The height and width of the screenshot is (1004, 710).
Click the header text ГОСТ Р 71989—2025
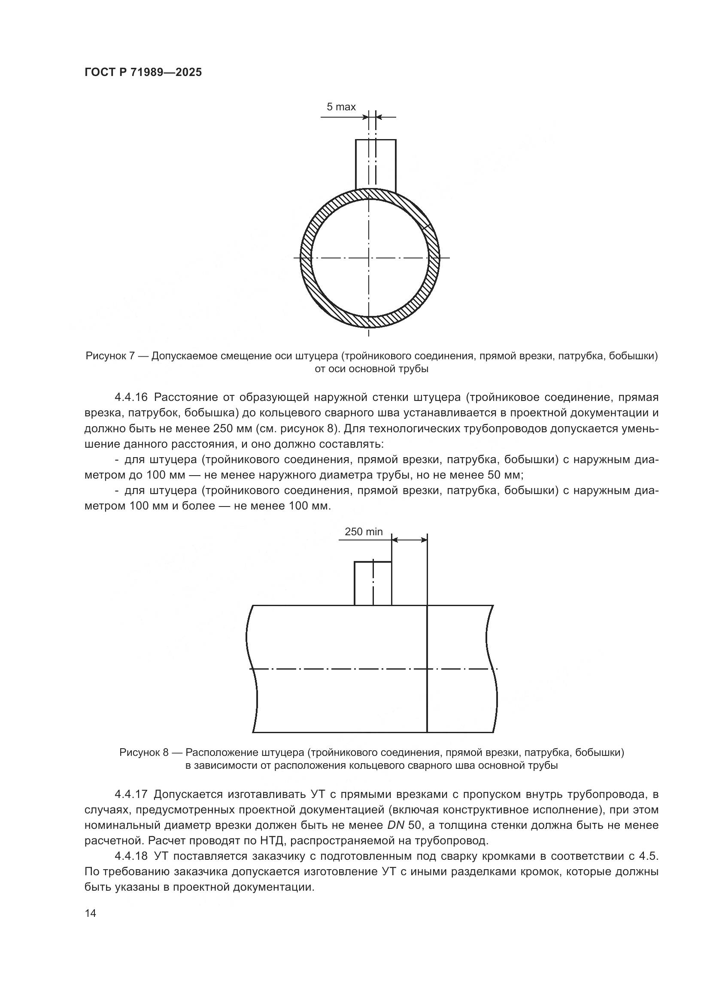[x=143, y=72]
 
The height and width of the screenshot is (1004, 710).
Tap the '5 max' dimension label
[x=341, y=107]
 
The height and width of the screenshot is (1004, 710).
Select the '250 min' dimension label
[x=363, y=532]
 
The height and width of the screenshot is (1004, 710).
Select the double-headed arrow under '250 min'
[x=409, y=540]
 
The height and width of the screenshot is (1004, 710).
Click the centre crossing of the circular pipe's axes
[x=370, y=258]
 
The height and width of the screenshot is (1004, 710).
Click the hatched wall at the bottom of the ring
[x=370, y=322]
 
